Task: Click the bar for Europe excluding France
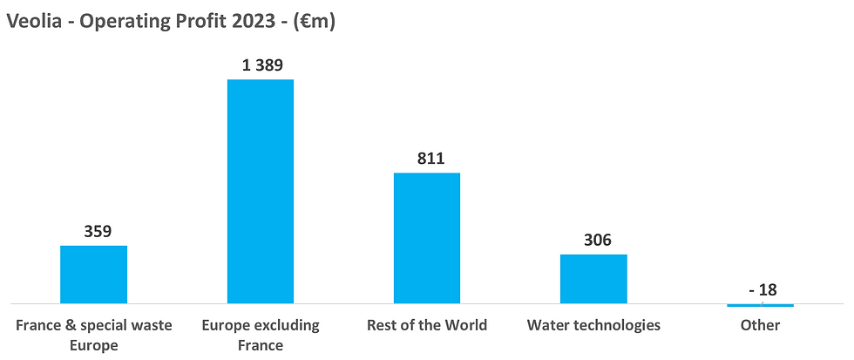coord(261,191)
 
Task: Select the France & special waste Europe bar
coord(93,274)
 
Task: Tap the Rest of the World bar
coord(427,237)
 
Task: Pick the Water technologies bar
coord(593,278)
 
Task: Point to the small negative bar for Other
coord(760,305)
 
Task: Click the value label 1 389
coord(261,65)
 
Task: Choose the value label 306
coord(593,240)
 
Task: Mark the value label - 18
coord(761,289)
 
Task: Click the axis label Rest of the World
coord(427,325)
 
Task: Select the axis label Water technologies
coord(593,325)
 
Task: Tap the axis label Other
coord(761,325)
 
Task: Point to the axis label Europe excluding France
coord(261,335)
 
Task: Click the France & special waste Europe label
coord(94,335)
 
